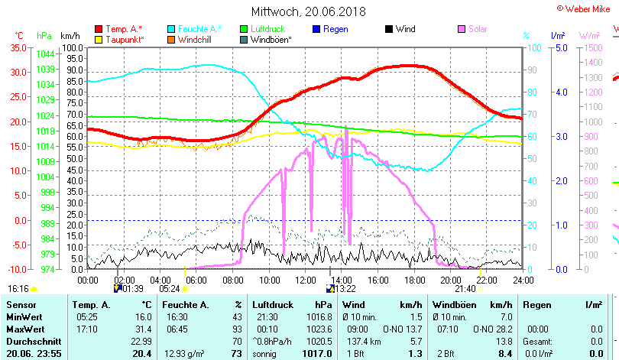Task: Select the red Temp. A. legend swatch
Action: coord(98,29)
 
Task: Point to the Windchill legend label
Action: coord(196,39)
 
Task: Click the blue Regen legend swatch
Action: coord(316,29)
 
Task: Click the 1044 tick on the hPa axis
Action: coord(45,54)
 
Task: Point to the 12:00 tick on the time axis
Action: coord(305,280)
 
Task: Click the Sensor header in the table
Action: coord(21,305)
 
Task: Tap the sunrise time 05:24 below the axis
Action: coord(169,289)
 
